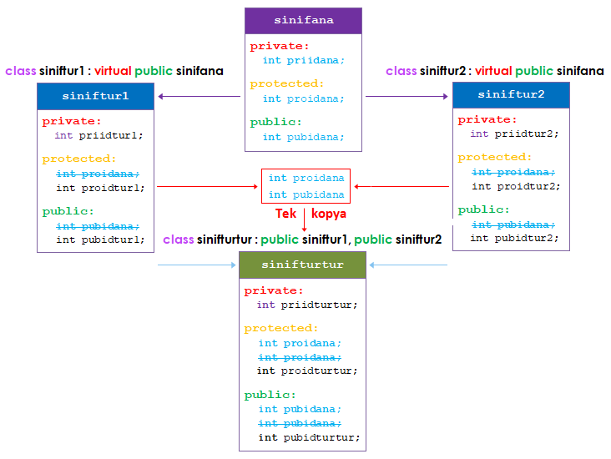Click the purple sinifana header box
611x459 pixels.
(303, 21)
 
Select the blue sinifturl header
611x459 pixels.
(95, 96)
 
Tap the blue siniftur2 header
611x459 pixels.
(511, 94)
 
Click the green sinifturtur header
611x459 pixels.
(302, 265)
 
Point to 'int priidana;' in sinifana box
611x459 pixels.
(303, 60)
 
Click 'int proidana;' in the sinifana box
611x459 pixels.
(303, 98)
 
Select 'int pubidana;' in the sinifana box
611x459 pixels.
(303, 137)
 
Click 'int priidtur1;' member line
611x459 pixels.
(98, 134)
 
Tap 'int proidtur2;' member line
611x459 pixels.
(515, 186)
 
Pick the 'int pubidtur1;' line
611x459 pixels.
(100, 240)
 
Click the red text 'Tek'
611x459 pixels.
(285, 214)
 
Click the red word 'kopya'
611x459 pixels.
(329, 214)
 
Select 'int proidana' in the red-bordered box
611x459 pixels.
(306, 178)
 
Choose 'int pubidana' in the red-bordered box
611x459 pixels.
(306, 194)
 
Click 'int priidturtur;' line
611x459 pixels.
(307, 305)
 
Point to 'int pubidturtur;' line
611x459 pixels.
(309, 436)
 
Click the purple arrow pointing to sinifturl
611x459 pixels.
(199, 97)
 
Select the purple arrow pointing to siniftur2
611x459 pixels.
(406, 97)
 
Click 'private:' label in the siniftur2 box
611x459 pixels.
(482, 119)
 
